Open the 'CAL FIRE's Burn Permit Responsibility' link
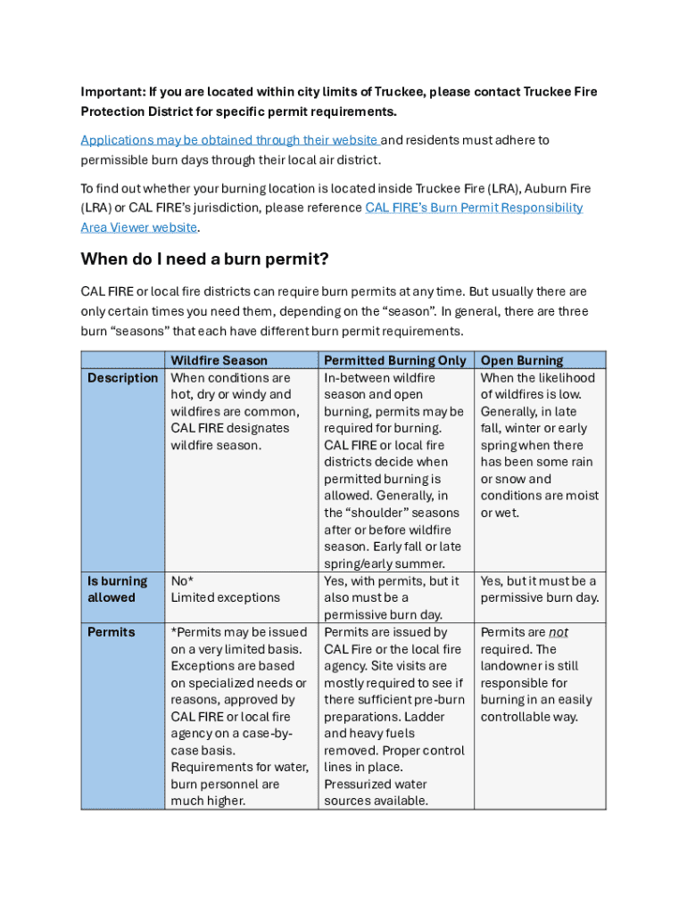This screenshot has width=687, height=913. point(474,208)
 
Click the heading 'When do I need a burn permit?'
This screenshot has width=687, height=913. point(204,259)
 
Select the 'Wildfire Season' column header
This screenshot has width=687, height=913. point(219,360)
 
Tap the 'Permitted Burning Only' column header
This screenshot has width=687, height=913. point(394,360)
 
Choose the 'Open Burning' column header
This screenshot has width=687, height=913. point(522,360)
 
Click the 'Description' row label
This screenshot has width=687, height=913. point(122,378)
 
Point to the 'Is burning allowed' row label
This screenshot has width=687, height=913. point(112,589)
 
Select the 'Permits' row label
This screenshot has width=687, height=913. point(112,632)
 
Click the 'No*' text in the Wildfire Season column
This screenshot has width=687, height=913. point(182,581)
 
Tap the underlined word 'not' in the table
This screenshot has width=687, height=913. point(559,632)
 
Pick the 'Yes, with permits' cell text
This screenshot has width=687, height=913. point(376,581)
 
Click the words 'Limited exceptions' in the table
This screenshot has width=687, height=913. point(225,598)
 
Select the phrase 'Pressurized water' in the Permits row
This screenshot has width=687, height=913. point(375,785)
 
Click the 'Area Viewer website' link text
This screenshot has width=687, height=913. point(138,227)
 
